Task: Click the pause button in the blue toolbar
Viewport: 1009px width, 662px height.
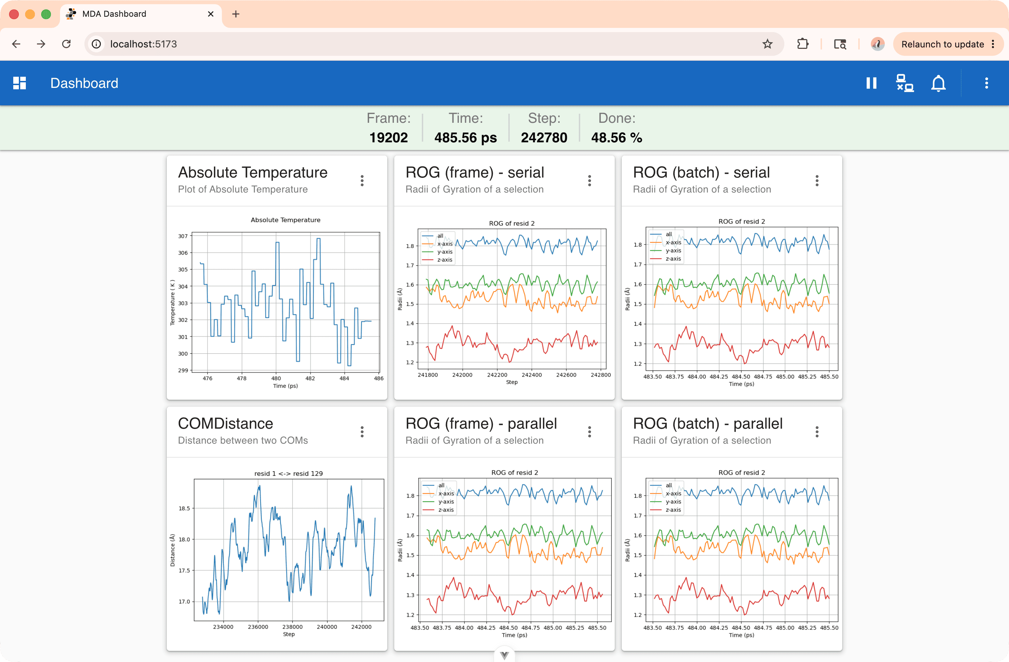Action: pyautogui.click(x=871, y=83)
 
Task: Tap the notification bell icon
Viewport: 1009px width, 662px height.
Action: pyautogui.click(x=938, y=83)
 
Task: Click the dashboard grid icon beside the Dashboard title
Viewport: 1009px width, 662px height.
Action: pyautogui.click(x=20, y=83)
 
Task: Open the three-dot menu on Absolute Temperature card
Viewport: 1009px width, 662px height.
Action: pyautogui.click(x=362, y=181)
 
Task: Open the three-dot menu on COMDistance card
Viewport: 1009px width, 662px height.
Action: pyautogui.click(x=362, y=432)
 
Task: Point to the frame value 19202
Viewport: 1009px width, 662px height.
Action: pyautogui.click(x=388, y=137)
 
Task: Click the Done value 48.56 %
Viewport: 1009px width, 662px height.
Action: pyautogui.click(x=616, y=137)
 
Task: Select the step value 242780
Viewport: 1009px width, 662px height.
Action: pyautogui.click(x=544, y=137)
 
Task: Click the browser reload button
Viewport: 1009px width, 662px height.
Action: pyautogui.click(x=66, y=44)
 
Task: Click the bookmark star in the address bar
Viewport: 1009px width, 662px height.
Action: pyautogui.click(x=767, y=44)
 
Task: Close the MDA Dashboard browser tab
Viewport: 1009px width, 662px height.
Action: pyautogui.click(x=211, y=14)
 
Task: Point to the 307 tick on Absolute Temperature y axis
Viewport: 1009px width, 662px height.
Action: pyautogui.click(x=183, y=236)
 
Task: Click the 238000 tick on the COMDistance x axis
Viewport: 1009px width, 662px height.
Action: pyautogui.click(x=292, y=627)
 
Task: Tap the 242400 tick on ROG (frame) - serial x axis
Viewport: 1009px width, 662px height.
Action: pyautogui.click(x=532, y=375)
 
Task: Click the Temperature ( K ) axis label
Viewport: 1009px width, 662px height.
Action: pyautogui.click(x=172, y=303)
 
